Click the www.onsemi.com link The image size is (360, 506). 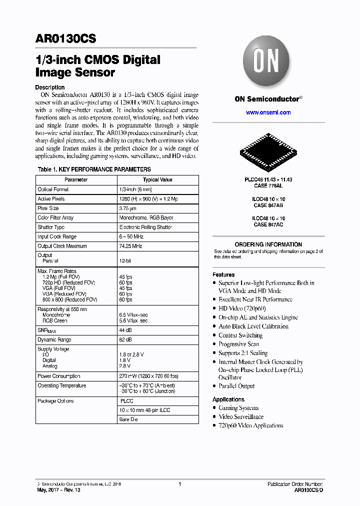[x=268, y=112]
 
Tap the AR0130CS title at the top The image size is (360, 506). [x=65, y=38]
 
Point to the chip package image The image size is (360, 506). [x=268, y=150]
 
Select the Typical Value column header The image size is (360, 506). [x=157, y=179]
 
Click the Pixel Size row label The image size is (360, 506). [x=48, y=208]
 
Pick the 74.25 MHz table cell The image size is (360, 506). [x=130, y=246]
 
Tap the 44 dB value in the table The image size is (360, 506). [x=125, y=330]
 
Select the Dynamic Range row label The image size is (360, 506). [x=54, y=339]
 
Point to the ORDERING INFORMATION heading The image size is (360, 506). [x=268, y=244]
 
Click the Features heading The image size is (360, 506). [x=223, y=274]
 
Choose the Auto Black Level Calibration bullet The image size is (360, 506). [x=253, y=326]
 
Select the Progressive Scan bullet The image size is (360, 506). [x=238, y=344]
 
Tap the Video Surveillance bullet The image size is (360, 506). [x=240, y=416]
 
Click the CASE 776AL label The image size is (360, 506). [x=268, y=185]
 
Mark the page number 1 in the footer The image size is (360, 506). [x=179, y=484]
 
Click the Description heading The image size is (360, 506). [x=49, y=87]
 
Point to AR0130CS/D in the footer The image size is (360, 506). [x=308, y=490]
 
